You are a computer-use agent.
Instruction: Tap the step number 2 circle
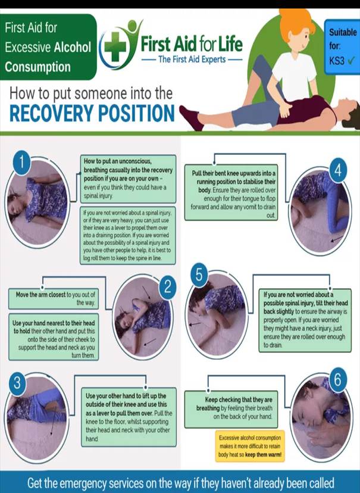[168, 288]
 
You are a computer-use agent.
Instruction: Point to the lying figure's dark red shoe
[191, 117]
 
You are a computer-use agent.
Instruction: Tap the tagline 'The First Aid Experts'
[192, 60]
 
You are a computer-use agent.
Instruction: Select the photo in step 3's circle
[37, 411]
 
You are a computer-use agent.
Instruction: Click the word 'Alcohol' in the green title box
[73, 48]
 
